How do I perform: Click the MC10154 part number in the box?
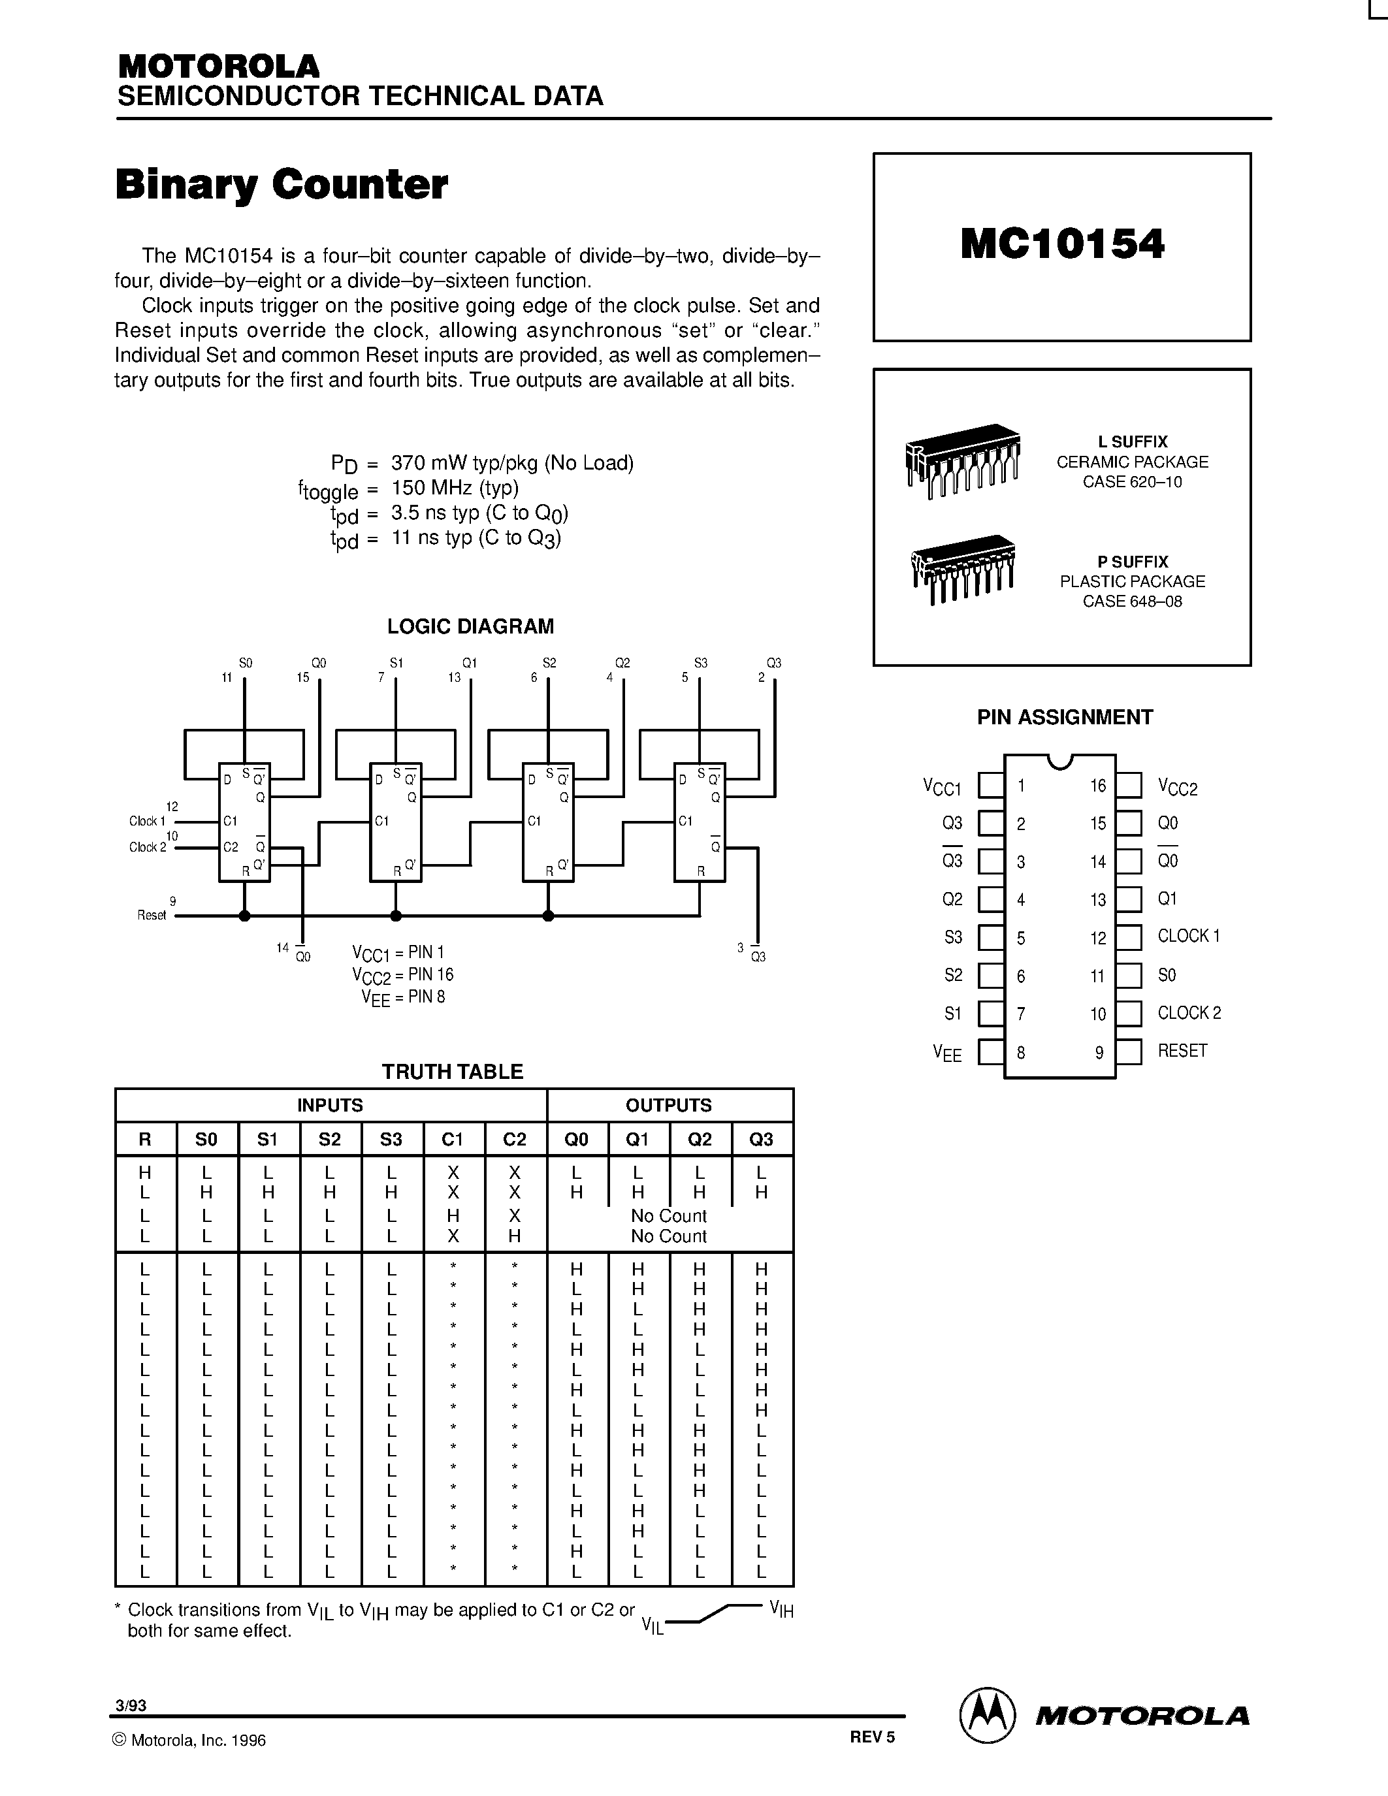click(x=1061, y=244)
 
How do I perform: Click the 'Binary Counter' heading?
click(x=282, y=184)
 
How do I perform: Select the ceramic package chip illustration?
click(x=962, y=460)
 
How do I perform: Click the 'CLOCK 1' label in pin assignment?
click(x=1188, y=936)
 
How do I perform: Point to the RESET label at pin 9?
click(x=1182, y=1050)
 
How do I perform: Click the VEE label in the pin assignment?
click(x=946, y=1053)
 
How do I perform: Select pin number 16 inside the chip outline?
click(x=1098, y=786)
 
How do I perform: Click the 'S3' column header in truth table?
click(x=391, y=1139)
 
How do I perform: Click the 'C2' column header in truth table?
click(x=514, y=1139)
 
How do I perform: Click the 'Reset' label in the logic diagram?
click(x=152, y=915)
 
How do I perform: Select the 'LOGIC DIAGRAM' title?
click(x=470, y=626)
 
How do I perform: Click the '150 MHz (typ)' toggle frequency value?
click(x=455, y=488)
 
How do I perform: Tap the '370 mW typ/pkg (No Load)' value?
click(x=512, y=463)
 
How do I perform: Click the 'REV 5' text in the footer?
click(x=871, y=1737)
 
